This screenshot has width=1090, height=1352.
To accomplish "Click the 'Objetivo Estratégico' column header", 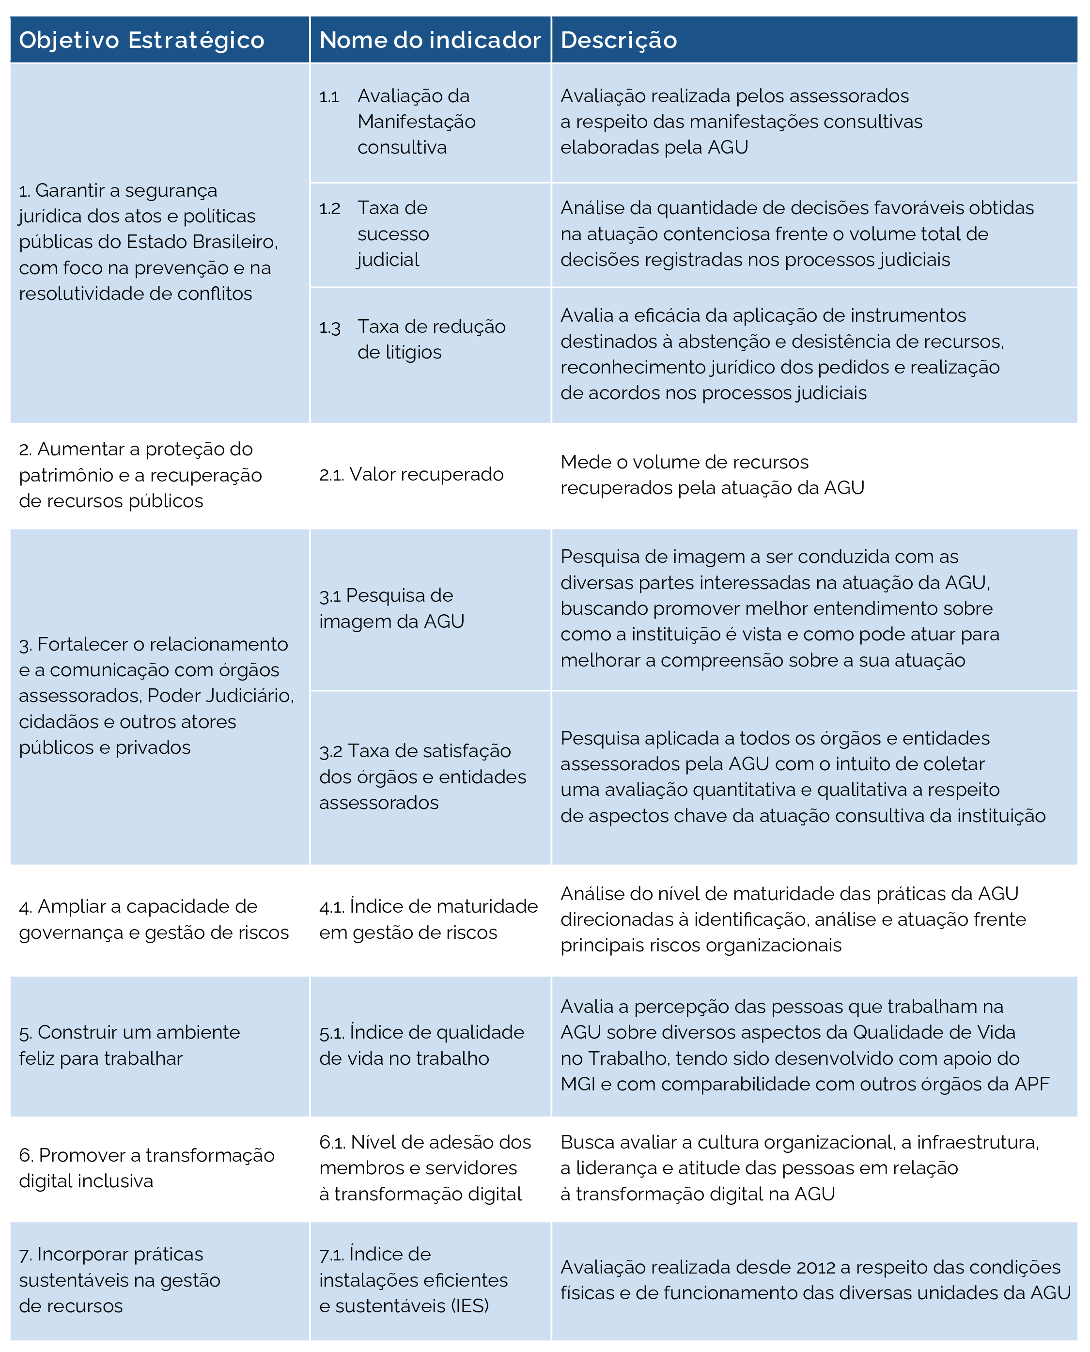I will point(141,40).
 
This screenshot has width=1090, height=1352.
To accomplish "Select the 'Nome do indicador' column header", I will point(430,40).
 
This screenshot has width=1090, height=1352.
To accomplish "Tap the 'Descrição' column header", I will point(619,40).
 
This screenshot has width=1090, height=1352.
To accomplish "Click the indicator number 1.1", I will point(329,97).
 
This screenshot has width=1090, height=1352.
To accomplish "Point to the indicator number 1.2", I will point(329,208).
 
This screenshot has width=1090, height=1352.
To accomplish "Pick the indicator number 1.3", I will point(329,327).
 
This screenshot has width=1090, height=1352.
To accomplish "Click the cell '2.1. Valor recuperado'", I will point(411,475).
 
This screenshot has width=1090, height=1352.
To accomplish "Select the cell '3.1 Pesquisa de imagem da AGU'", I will point(392,608).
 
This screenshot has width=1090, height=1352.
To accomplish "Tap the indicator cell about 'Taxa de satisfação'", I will point(422,777).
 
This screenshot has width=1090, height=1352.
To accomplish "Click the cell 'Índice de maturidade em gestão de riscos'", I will point(428,919).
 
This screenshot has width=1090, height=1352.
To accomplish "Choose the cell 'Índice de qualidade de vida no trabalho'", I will point(421,1045).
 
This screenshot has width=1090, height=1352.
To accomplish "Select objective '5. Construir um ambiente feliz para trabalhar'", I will point(129,1045).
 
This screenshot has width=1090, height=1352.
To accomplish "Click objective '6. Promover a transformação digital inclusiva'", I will point(146,1168).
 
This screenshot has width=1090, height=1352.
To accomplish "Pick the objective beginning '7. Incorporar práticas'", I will point(119,1280).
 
